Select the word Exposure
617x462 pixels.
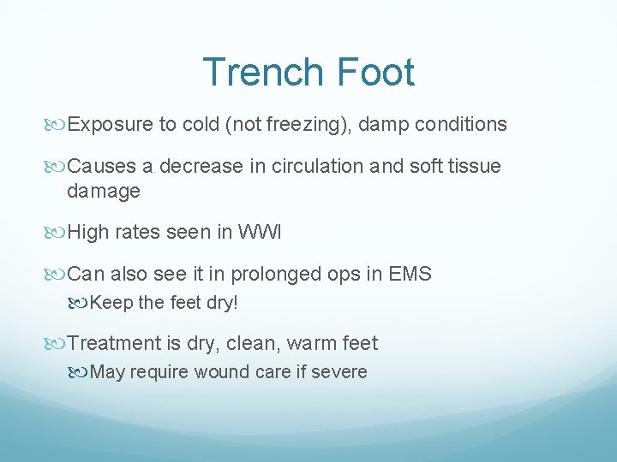point(111,125)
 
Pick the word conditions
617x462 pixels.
point(462,125)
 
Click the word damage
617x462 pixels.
point(104,192)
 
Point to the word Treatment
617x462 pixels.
point(114,344)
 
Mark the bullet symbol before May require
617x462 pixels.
point(80,372)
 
